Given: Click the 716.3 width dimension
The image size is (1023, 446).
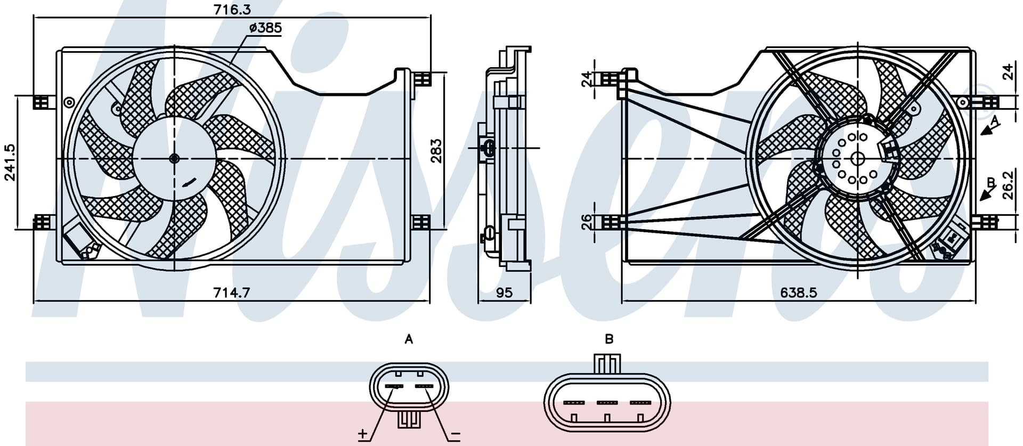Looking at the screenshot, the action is pyautogui.click(x=232, y=9).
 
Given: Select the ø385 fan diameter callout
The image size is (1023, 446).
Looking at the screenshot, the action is pyautogui.click(x=265, y=28).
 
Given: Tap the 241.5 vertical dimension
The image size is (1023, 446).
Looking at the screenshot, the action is pyautogui.click(x=10, y=163).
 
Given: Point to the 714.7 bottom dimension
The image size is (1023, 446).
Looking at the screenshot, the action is pyautogui.click(x=231, y=292).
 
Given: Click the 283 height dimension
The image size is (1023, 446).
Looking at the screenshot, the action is pyautogui.click(x=436, y=151).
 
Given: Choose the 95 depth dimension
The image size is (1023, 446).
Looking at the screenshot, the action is pyautogui.click(x=504, y=293).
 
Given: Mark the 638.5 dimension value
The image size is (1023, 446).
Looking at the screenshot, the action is pyautogui.click(x=799, y=292).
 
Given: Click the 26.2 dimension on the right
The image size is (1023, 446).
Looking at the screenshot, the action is pyautogui.click(x=1008, y=184).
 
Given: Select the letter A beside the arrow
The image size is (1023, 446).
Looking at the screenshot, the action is pyautogui.click(x=995, y=120).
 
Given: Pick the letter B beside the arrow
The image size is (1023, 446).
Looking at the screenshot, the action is pyautogui.click(x=991, y=183).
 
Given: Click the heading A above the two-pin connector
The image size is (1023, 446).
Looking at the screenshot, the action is pyautogui.click(x=409, y=339).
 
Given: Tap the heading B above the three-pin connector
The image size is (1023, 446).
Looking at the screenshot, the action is pyautogui.click(x=609, y=339).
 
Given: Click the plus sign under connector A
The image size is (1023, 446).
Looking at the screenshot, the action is pyautogui.click(x=363, y=434).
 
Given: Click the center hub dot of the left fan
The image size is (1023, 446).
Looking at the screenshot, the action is pyautogui.click(x=174, y=158).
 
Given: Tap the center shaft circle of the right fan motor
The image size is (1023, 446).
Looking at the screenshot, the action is pyautogui.click(x=857, y=158).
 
